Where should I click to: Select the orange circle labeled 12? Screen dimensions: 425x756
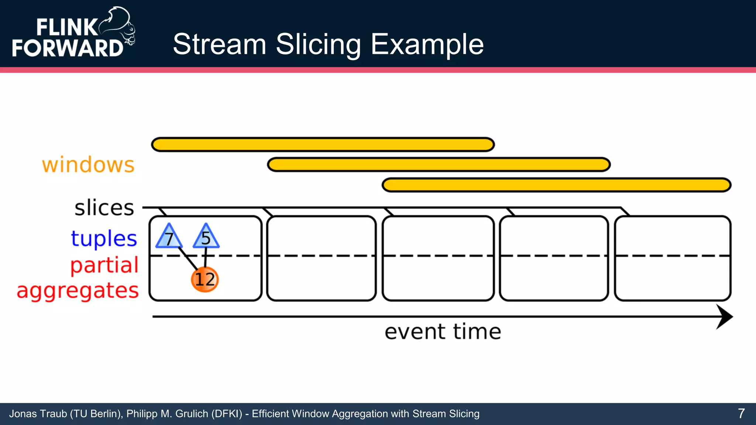(205, 279)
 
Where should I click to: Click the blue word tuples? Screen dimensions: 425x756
(104, 239)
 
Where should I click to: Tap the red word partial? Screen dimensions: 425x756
(104, 265)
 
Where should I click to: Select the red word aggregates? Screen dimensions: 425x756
(78, 291)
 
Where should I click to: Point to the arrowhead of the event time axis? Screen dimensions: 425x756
(725, 317)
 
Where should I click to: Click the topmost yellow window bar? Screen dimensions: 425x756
(323, 145)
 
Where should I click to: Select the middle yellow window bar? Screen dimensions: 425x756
(439, 165)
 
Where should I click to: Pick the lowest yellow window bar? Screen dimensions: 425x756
(556, 185)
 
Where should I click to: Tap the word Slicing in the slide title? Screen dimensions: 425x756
(318, 44)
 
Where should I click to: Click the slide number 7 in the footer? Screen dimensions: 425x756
(741, 414)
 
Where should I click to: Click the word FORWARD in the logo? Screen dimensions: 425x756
(68, 48)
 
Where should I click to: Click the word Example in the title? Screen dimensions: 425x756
(427, 44)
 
